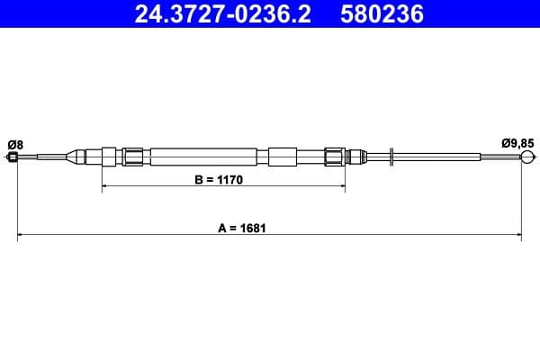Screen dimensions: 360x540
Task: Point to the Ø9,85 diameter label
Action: pyautogui.click(x=517, y=142)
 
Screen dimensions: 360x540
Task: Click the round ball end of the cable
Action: pyautogui.click(x=528, y=158)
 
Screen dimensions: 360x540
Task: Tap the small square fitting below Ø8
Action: pyautogui.click(x=13, y=158)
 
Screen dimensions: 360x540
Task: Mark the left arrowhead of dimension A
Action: pyautogui.click(x=22, y=237)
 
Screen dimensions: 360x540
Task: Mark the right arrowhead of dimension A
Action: pyautogui.click(x=518, y=237)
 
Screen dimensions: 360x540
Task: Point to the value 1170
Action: pyautogui.click(x=232, y=180)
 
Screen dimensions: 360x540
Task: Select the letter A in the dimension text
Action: pyautogui.click(x=221, y=229)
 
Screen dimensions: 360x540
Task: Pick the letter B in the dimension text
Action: pyautogui.click(x=200, y=180)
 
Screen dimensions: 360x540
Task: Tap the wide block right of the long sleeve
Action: pyautogui.click(x=282, y=157)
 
